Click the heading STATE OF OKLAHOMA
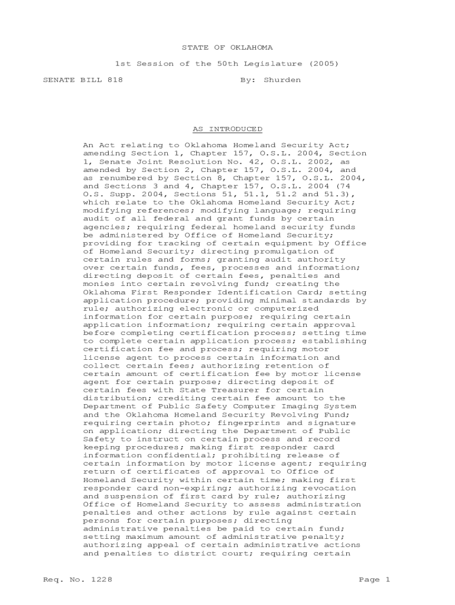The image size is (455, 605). (x=227, y=47)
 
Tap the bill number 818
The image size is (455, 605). (x=115, y=80)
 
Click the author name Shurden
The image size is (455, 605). (x=282, y=80)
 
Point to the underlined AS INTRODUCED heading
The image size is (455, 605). (x=227, y=129)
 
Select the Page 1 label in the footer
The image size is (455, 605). (x=375, y=580)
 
